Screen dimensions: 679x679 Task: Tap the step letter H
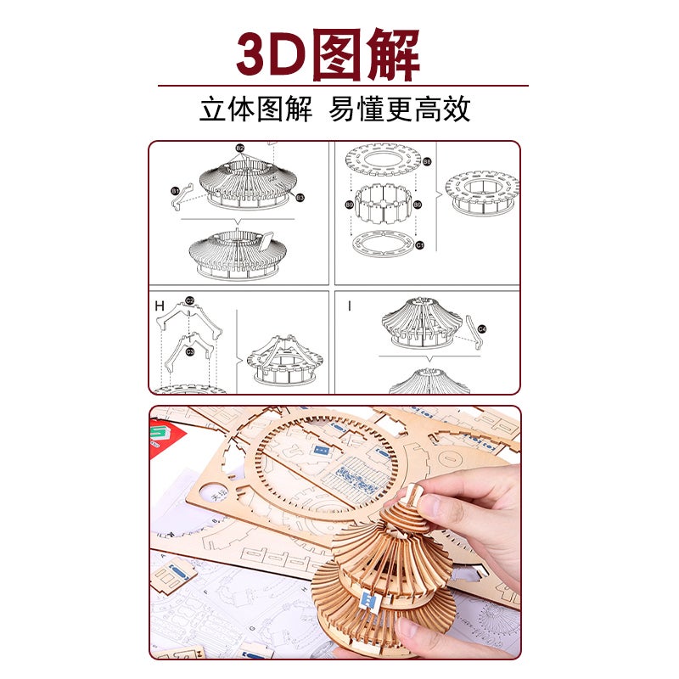(159, 305)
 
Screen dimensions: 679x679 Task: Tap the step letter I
(348, 305)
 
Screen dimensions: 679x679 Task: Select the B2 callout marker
(240, 149)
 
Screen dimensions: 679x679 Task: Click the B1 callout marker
(176, 191)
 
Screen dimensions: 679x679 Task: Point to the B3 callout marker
(300, 198)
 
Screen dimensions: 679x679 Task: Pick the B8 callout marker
(427, 161)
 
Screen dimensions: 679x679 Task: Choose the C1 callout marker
(419, 245)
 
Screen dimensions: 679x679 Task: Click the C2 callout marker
(190, 300)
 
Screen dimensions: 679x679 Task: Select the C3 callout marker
(190, 351)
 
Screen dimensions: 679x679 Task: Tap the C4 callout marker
(482, 328)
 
